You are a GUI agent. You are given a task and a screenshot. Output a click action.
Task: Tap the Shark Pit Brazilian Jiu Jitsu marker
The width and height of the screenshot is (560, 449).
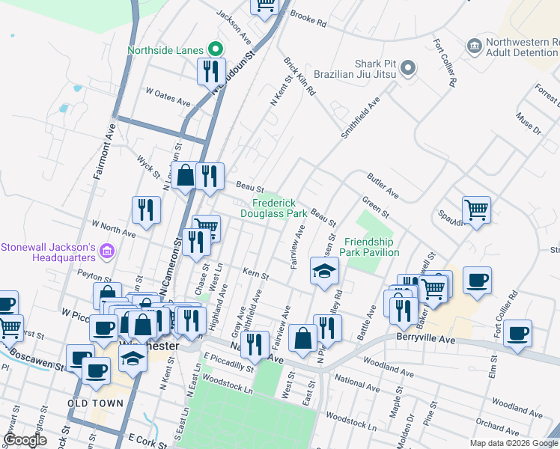coord(407,69)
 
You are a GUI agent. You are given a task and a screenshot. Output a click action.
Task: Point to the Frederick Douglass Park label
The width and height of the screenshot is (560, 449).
coord(273,208)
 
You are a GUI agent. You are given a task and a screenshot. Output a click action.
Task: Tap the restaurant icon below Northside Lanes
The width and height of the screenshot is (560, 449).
coord(210,72)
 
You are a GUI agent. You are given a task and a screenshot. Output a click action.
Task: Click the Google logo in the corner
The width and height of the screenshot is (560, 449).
coord(25,440)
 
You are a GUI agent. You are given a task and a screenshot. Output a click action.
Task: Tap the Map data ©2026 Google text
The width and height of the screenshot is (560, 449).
coord(514,443)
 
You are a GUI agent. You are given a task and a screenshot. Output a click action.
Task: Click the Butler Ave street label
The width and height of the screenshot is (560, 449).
coord(383,188)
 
